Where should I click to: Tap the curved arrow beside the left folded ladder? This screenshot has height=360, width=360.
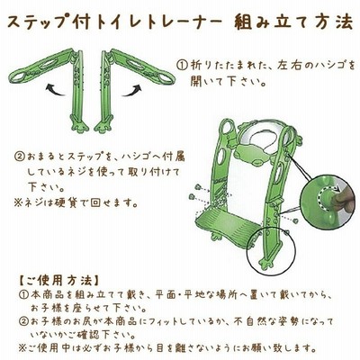(x=55, y=90)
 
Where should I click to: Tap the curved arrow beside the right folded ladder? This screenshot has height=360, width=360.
(x=131, y=90)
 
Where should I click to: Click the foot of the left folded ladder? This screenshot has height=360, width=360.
(x=79, y=125)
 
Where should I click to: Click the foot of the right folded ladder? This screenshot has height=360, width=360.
(x=103, y=125)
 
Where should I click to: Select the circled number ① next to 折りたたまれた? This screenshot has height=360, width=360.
(x=182, y=65)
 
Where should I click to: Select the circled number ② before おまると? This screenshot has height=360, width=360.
(x=20, y=157)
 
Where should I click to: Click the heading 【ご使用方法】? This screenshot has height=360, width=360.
(x=57, y=281)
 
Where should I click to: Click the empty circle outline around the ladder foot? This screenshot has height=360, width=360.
(x=247, y=251)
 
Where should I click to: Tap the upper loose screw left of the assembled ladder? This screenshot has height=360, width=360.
(x=197, y=186)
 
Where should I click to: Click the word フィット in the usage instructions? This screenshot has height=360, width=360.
(x=163, y=322)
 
